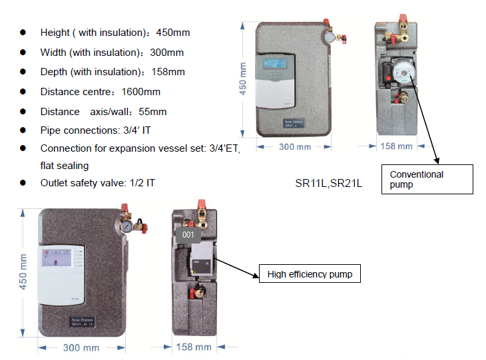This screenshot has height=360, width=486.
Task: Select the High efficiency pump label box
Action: click(x=310, y=274)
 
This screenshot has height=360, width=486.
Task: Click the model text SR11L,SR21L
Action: click(x=328, y=183)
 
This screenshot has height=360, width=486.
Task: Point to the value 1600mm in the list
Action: click(x=142, y=91)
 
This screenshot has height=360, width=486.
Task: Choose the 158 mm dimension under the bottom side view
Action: click(x=194, y=347)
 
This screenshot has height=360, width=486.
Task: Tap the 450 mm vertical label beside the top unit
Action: click(x=244, y=79)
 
